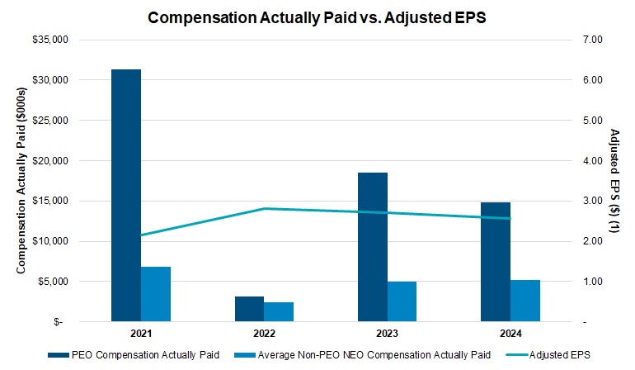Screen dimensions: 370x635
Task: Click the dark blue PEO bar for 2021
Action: click(126, 195)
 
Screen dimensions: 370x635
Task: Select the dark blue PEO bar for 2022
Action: click(249, 309)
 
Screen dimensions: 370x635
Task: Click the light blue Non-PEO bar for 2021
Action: click(156, 294)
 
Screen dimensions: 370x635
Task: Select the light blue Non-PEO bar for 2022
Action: click(279, 311)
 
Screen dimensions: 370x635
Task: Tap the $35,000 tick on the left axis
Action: click(72, 40)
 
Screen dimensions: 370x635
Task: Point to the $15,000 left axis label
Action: click(72, 201)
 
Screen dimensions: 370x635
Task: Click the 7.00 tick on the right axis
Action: click(593, 40)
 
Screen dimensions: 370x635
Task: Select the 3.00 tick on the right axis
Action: click(593, 201)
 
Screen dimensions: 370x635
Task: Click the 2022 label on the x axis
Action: click(264, 334)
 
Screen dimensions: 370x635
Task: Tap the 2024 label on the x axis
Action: click(510, 334)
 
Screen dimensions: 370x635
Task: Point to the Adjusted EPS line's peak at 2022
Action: click(264, 208)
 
